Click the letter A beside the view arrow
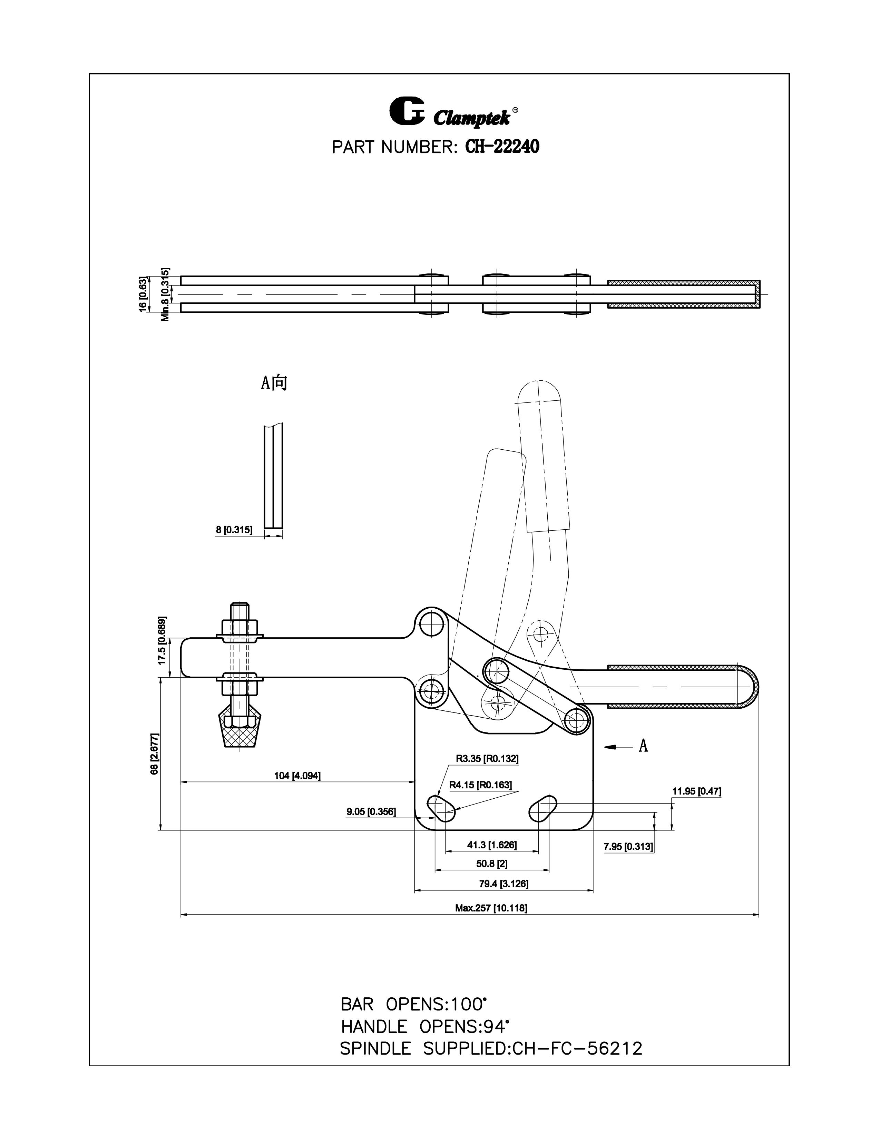point(643,746)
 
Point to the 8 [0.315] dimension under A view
point(234,530)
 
